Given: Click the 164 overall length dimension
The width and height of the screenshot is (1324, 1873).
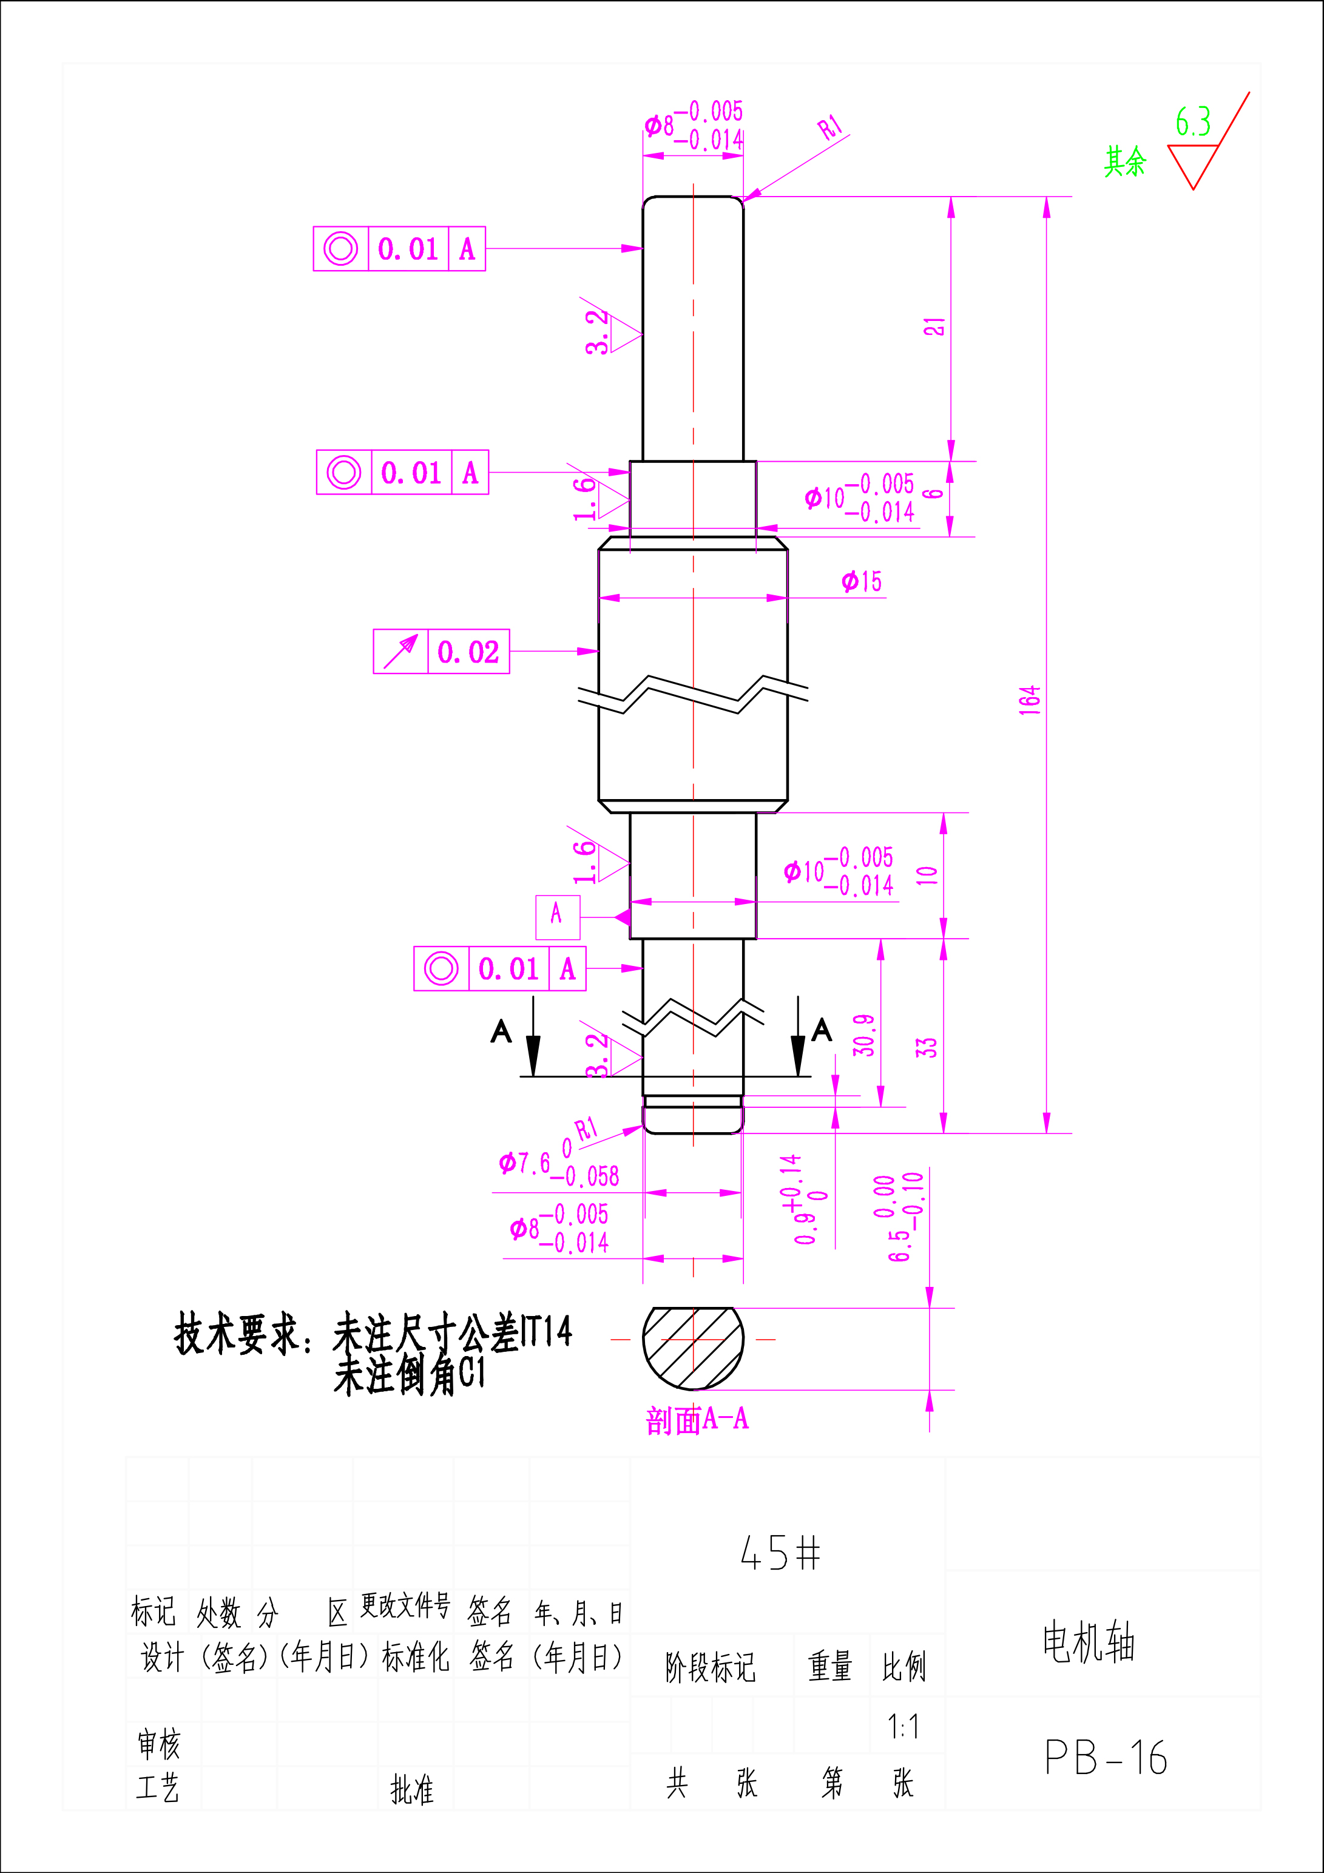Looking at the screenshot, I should pyautogui.click(x=1030, y=700).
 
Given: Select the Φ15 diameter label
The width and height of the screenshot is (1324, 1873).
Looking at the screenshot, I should pyautogui.click(x=862, y=582).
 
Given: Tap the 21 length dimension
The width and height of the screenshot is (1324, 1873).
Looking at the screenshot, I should pyautogui.click(x=935, y=326).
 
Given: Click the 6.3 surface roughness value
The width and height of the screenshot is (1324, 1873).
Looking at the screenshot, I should pyautogui.click(x=1193, y=123).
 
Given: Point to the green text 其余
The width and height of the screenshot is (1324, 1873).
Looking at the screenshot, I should pyautogui.click(x=1125, y=161).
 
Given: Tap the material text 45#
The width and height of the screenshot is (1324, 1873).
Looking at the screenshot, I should pyautogui.click(x=780, y=1553).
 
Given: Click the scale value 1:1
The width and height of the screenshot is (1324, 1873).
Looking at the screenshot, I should pyautogui.click(x=903, y=1727).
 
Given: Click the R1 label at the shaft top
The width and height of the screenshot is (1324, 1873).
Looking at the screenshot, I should pyautogui.click(x=831, y=127).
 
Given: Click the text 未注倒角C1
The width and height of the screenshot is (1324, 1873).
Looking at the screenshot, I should pyautogui.click(x=410, y=1376).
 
